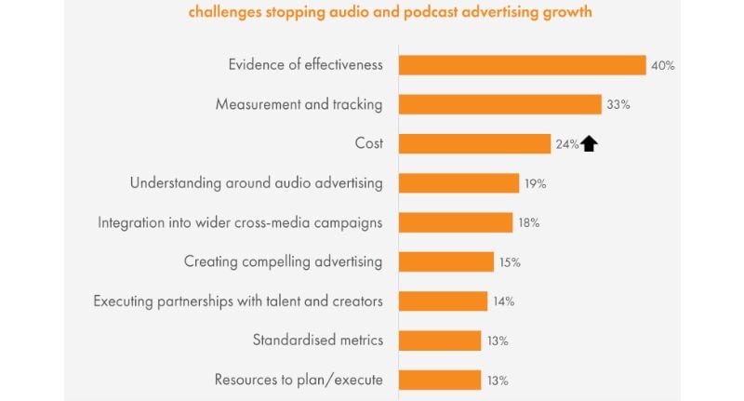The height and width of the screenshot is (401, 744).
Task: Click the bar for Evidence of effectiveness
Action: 522,65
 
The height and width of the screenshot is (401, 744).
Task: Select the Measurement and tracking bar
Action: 499,104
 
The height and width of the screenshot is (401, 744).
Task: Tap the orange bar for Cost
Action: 474,143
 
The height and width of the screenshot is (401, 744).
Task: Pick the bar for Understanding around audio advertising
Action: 458,183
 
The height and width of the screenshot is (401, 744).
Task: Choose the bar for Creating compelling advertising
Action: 445,262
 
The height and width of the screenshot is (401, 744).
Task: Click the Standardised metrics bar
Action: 439,341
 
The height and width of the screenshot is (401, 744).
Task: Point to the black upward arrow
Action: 589,143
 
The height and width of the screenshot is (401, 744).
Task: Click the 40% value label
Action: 663,65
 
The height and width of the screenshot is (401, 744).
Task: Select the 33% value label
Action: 618,105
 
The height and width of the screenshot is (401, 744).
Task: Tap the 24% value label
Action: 567,144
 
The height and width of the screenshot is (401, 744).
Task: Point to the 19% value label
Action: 535,183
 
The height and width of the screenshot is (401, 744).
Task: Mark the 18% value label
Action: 528,223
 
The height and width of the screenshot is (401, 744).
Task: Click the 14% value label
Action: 503,301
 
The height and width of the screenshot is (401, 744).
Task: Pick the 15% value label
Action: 510,262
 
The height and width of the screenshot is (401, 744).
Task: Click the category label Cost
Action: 369,143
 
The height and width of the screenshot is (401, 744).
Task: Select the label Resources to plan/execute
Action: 299,380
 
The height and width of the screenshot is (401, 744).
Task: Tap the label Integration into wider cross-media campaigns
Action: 240,222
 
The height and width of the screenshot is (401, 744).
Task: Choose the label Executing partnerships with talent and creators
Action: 238,301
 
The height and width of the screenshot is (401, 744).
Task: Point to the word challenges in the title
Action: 227,13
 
